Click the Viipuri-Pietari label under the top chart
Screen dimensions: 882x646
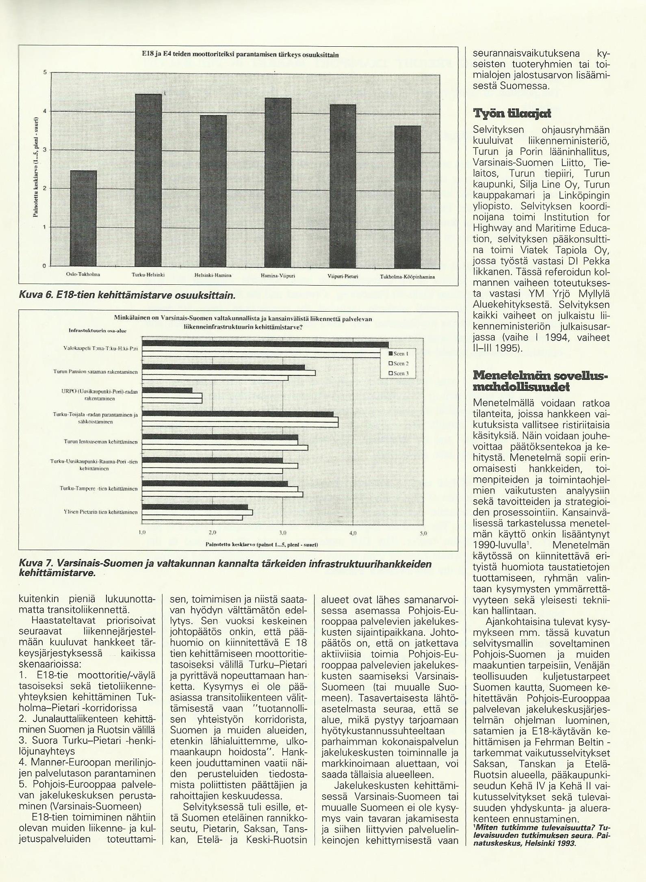(343, 275)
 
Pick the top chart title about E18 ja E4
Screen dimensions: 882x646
(240, 54)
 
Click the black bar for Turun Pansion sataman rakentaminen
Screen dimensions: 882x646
(223, 367)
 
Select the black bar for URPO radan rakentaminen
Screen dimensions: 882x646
(167, 390)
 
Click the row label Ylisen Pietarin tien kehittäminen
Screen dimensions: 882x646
(101, 512)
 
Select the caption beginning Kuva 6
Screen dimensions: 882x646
(127, 296)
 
